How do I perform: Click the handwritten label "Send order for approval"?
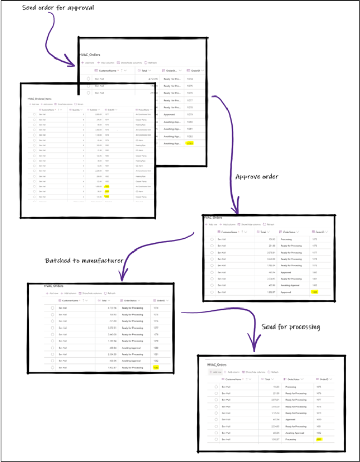[x=58, y=9]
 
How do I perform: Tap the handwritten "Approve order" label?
[x=257, y=177]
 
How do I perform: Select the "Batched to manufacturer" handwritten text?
[x=84, y=261]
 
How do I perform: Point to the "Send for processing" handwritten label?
[x=291, y=326]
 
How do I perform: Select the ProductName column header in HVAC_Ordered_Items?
[x=143, y=109]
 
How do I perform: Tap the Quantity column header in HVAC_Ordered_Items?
[x=76, y=109]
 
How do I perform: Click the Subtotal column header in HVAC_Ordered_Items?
[x=93, y=109]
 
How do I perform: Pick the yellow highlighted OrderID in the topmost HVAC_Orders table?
[x=190, y=144]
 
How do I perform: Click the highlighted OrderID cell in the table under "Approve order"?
[x=315, y=291]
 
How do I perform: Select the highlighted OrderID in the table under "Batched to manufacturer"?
[x=156, y=368]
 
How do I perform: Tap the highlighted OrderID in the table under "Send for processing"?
[x=320, y=440]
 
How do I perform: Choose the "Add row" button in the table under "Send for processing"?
[x=216, y=372]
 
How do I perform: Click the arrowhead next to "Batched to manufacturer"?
[x=122, y=277]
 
